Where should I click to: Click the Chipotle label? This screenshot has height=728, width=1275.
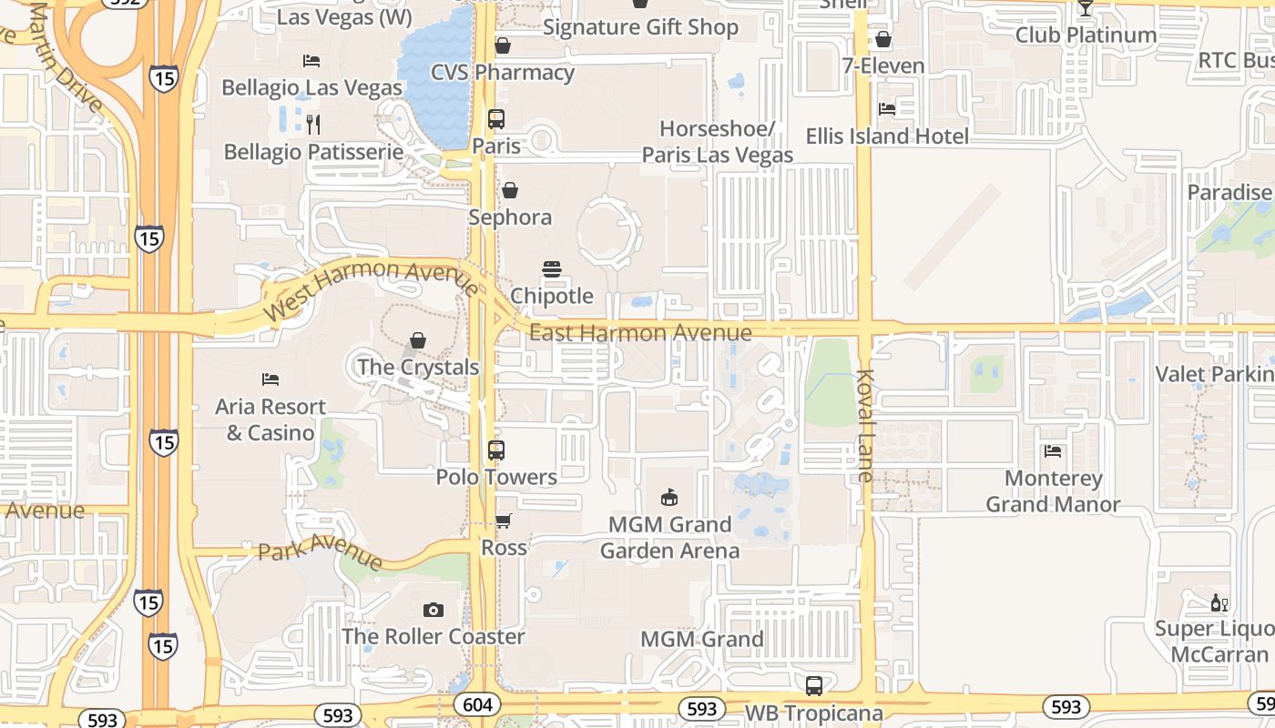[552, 296]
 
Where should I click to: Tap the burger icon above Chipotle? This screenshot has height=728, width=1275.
[552, 269]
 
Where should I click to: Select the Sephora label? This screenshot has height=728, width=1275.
[510, 217]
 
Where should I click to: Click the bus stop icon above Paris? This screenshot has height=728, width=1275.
[496, 119]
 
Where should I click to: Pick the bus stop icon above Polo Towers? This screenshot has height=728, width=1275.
[496, 450]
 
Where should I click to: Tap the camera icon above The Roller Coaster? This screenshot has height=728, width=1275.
[433, 610]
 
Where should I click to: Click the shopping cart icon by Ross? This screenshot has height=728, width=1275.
[503, 521]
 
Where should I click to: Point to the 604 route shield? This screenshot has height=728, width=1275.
[476, 705]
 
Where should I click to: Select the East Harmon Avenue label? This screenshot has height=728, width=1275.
[640, 333]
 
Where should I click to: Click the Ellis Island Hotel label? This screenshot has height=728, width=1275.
[887, 136]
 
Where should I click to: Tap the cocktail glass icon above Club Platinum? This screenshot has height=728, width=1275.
[1085, 9]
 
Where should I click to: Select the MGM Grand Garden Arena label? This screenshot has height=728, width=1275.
[669, 537]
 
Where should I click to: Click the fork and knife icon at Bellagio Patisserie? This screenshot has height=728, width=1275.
[313, 124]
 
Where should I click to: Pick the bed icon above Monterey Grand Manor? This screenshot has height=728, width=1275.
[1053, 451]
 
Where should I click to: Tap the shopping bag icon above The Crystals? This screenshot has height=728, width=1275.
[418, 340]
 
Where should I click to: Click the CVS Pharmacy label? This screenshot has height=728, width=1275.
[503, 73]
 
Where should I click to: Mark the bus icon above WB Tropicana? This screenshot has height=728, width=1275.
[814, 685]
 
